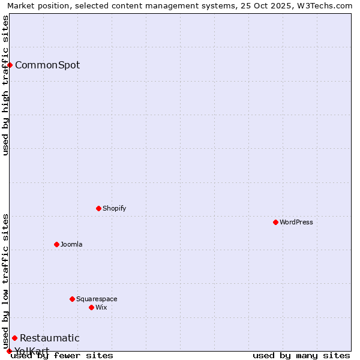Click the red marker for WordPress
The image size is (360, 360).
pos(275,222)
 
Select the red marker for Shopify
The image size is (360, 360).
pos(98,208)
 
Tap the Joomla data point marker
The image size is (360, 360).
pos(56,244)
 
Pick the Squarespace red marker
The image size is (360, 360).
pos(72,299)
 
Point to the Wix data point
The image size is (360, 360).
pos(91,307)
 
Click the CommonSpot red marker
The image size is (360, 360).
pos(10,65)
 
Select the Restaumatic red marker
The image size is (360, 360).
pos(14,338)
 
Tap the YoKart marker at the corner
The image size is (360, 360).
pos(9,351)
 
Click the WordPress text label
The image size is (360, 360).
pos(296,222)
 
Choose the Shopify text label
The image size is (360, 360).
pos(114,208)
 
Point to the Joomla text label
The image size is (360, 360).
pos(71,244)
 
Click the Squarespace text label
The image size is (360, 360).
pos(97,299)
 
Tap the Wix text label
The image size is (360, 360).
pos(101,307)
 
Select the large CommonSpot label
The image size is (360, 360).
pos(47,65)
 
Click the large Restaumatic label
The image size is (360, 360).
pos(49,338)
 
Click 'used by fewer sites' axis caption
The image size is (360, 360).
pos(62,356)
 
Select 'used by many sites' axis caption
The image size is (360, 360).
pos(301,356)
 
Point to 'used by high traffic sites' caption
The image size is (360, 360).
pos(5,85)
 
